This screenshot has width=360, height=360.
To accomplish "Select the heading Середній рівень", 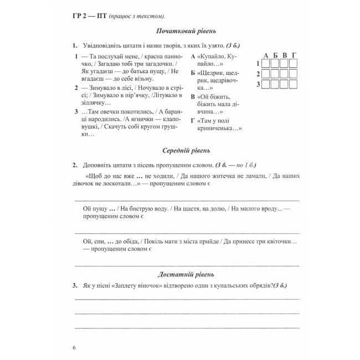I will pos(186,150).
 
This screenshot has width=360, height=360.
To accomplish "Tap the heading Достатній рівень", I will pos(186,274).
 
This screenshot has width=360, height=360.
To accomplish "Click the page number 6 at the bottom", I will pos(74,347).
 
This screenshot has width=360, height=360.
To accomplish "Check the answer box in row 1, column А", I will pos(265,64).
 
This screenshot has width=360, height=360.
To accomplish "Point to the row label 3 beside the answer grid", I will pos(258,84).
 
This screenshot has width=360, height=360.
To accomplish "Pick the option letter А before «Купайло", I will pos(193,56).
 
